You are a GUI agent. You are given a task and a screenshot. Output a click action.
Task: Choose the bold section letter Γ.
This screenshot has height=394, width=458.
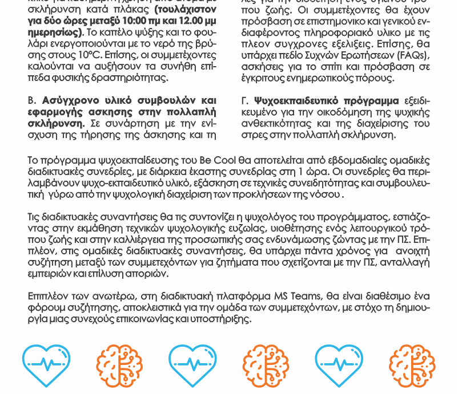pyautogui.click(x=245, y=100)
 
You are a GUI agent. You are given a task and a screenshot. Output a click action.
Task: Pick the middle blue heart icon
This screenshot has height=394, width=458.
pyautogui.click(x=192, y=365)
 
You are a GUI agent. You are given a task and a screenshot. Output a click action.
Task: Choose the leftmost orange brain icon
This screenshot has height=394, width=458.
pyautogui.click(x=119, y=365)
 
